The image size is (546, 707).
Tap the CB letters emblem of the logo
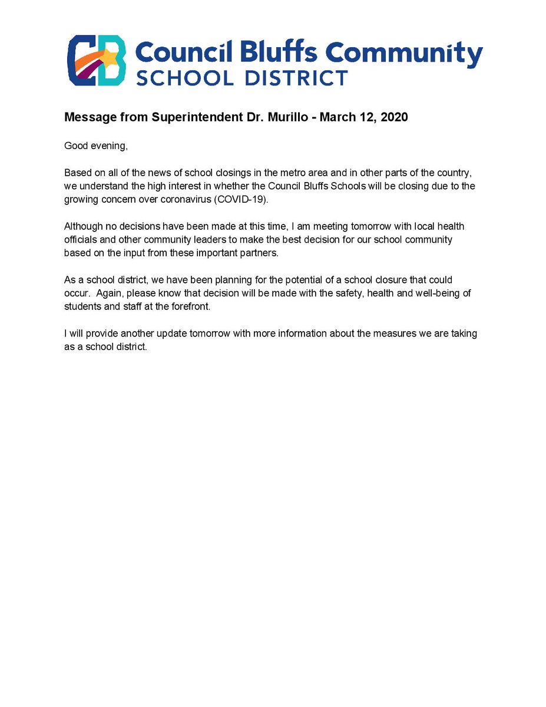[x=97, y=60]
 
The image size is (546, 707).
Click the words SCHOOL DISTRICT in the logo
[x=242, y=77]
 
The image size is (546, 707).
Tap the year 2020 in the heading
[x=393, y=117]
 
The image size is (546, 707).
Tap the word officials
[x=82, y=240]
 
